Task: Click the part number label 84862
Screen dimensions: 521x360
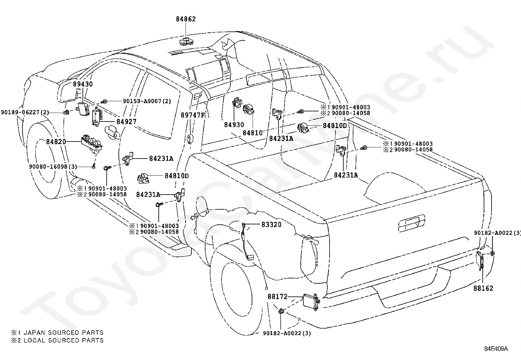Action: click(186, 19)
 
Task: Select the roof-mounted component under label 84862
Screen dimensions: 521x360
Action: click(187, 42)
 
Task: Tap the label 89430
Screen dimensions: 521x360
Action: click(83, 84)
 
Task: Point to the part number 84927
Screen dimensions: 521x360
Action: click(126, 122)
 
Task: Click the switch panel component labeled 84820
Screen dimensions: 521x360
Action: click(91, 143)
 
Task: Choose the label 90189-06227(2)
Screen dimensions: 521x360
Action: click(25, 112)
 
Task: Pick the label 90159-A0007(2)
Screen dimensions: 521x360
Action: click(147, 101)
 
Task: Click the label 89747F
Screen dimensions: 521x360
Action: click(193, 115)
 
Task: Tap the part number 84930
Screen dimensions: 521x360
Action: click(234, 124)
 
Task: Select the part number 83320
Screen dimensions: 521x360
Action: click(271, 224)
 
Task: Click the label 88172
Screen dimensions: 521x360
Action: click(278, 296)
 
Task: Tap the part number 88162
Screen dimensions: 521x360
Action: click(483, 288)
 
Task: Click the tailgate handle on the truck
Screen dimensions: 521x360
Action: click(411, 223)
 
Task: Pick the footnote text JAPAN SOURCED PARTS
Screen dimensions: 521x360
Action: click(63, 332)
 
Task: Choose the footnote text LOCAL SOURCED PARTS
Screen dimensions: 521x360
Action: click(63, 340)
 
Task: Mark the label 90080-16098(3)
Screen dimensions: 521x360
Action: click(53, 166)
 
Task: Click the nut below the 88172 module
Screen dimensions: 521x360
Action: click(281, 311)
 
